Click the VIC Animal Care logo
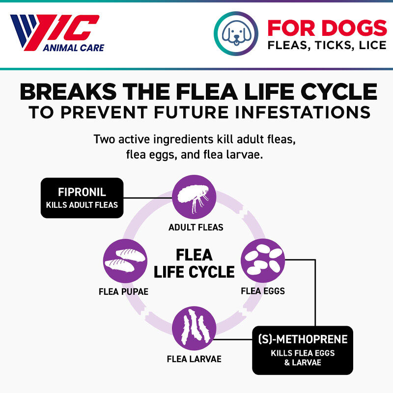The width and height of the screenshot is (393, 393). pos(56,33)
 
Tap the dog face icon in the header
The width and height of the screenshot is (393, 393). pos(236,33)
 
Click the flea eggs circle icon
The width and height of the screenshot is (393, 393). pos(263,260)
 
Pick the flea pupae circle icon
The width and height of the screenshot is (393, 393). pos(125,261)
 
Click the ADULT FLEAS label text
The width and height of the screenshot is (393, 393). pos(196,227)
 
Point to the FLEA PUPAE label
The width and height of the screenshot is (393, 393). pos(123,291)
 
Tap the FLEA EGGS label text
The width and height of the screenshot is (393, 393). pos(263,291)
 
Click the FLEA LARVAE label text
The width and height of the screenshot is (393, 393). pos(194,359)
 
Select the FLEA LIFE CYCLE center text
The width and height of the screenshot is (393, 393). pos(194,263)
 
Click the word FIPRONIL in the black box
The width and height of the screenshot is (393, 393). pos(82,192)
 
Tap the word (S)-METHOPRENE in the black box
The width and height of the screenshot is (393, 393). pos(303,339)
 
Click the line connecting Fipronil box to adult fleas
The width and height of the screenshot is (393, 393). pos(147,198)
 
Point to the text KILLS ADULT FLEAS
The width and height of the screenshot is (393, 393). pos(82,204)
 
